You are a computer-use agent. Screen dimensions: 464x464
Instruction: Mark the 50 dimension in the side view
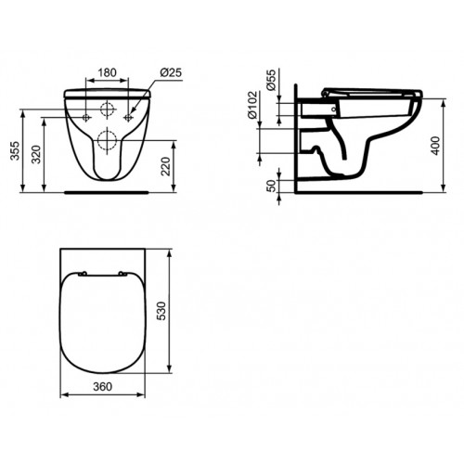[x=271, y=186]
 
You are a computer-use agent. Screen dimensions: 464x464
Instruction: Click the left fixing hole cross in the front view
[x=87, y=119]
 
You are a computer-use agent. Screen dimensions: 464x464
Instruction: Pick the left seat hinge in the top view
[x=84, y=273]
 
